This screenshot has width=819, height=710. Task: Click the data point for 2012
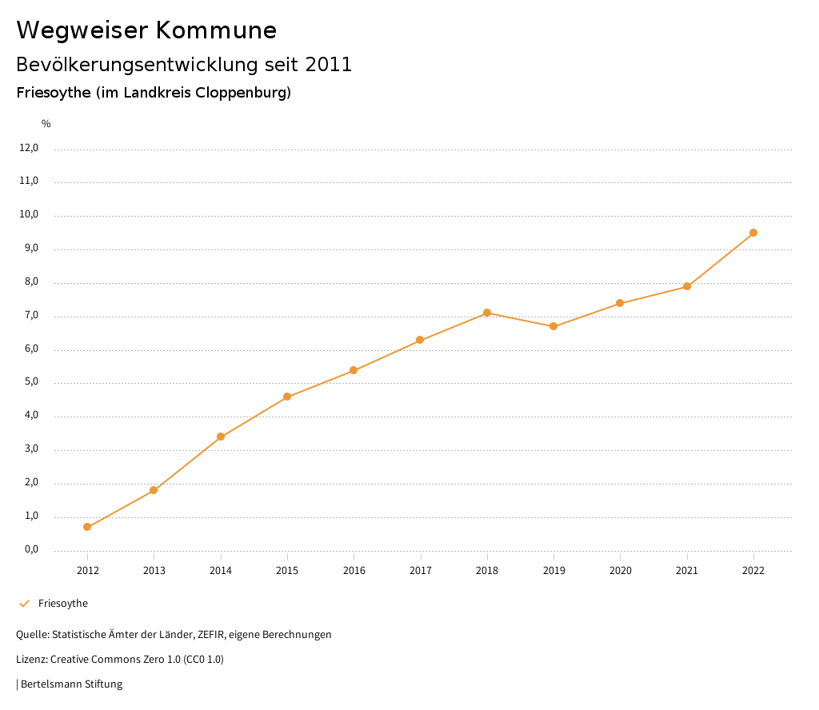[x=87, y=527]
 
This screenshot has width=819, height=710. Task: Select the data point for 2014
[x=221, y=437]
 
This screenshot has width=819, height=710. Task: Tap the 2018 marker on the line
[x=487, y=313]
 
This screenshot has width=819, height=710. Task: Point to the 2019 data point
[x=553, y=326]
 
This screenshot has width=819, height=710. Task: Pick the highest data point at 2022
[x=753, y=233]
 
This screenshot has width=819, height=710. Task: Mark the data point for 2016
[x=354, y=370]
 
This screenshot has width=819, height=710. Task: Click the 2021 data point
[x=687, y=286]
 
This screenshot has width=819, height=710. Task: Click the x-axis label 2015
[x=287, y=570]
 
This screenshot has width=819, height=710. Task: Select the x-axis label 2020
[x=621, y=570]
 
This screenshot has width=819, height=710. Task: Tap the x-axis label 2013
[x=154, y=570]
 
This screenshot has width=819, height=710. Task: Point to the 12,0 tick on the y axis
[x=29, y=148]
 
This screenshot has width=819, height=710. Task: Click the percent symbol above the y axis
[x=46, y=124]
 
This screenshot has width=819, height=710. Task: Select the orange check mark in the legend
[x=24, y=604]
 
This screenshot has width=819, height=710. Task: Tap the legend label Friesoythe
[x=63, y=604]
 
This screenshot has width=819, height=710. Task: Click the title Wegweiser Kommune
[x=146, y=30]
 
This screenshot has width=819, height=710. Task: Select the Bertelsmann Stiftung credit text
[x=71, y=684]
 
